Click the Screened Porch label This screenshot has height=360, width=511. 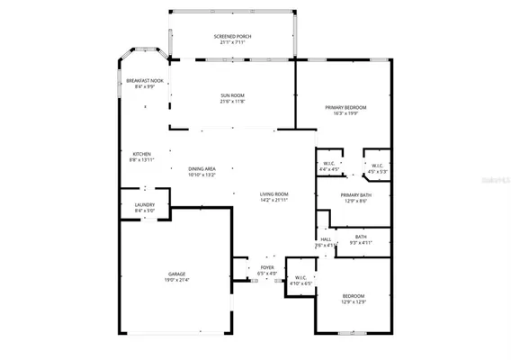coord(232,37)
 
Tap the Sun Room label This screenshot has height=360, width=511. coord(232,94)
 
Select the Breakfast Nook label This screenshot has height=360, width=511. coord(144,80)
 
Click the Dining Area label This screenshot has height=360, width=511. coord(202,168)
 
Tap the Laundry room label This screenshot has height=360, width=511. coord(145,205)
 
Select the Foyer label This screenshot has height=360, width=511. coord(267,267)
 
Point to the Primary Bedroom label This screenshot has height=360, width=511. coord(345,107)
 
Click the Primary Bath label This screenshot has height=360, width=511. coord(356,195)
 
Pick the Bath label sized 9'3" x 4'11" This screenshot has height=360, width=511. coord(361,238)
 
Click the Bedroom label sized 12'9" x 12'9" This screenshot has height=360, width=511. coord(353,296)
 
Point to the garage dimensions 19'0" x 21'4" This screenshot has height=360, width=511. coord(176,280)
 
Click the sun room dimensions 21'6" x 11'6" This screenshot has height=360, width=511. coord(232,101)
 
